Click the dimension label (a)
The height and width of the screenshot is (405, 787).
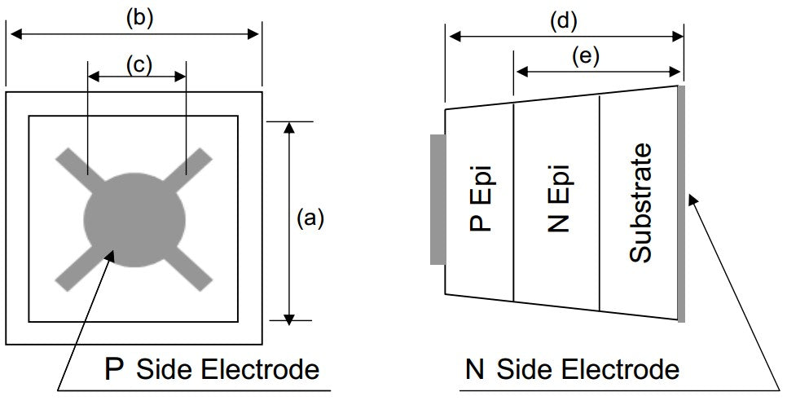[x=310, y=218]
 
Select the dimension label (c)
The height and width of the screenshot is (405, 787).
[x=137, y=64]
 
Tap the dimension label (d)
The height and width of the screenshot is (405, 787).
[x=563, y=21]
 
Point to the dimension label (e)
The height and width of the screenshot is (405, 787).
[x=585, y=56]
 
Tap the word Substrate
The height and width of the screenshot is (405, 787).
[x=642, y=203]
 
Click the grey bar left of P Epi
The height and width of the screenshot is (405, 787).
[x=437, y=200]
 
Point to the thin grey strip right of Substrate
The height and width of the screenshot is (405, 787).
[x=681, y=203]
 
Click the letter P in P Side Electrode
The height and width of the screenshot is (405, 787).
[x=115, y=369]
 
